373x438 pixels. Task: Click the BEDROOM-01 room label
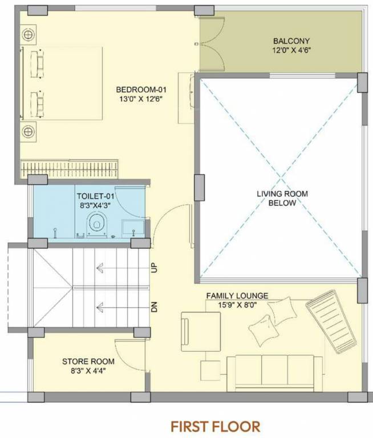[141, 90]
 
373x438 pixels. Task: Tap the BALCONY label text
[291, 41]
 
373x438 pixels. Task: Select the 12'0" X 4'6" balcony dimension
[291, 50]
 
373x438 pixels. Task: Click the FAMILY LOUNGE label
[237, 295]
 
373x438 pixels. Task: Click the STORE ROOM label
[88, 361]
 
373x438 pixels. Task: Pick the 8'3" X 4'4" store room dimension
[88, 370]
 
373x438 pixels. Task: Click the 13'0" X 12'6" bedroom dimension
[141, 99]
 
